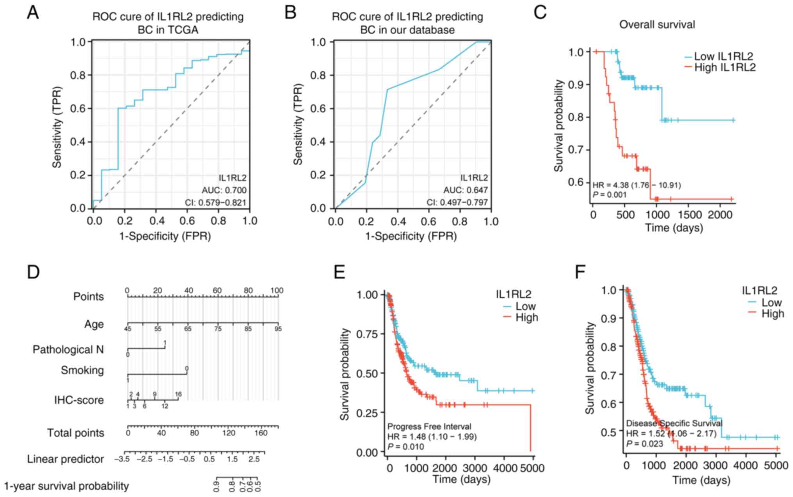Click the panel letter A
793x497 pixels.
coord(33,12)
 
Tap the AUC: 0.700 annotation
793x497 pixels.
coord(224,190)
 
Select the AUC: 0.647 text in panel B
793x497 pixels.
coord(465,190)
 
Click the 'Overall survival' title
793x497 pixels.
coord(657,25)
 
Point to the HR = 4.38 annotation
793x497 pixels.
coord(637,185)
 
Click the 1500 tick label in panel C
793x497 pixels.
coord(690,214)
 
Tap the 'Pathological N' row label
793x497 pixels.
coord(68,350)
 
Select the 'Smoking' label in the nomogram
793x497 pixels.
coord(82,370)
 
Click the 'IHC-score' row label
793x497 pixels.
coord(79,400)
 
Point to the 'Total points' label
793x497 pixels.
coord(76,433)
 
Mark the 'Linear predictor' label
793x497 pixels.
coord(66,459)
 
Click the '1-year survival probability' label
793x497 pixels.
coord(66,486)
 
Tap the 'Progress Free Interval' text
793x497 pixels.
coord(429,426)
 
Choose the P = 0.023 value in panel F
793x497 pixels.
coord(644,444)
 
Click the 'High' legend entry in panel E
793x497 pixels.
coord(526,318)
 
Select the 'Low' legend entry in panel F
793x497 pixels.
coord(771,302)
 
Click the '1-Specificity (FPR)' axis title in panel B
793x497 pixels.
coord(411,236)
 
